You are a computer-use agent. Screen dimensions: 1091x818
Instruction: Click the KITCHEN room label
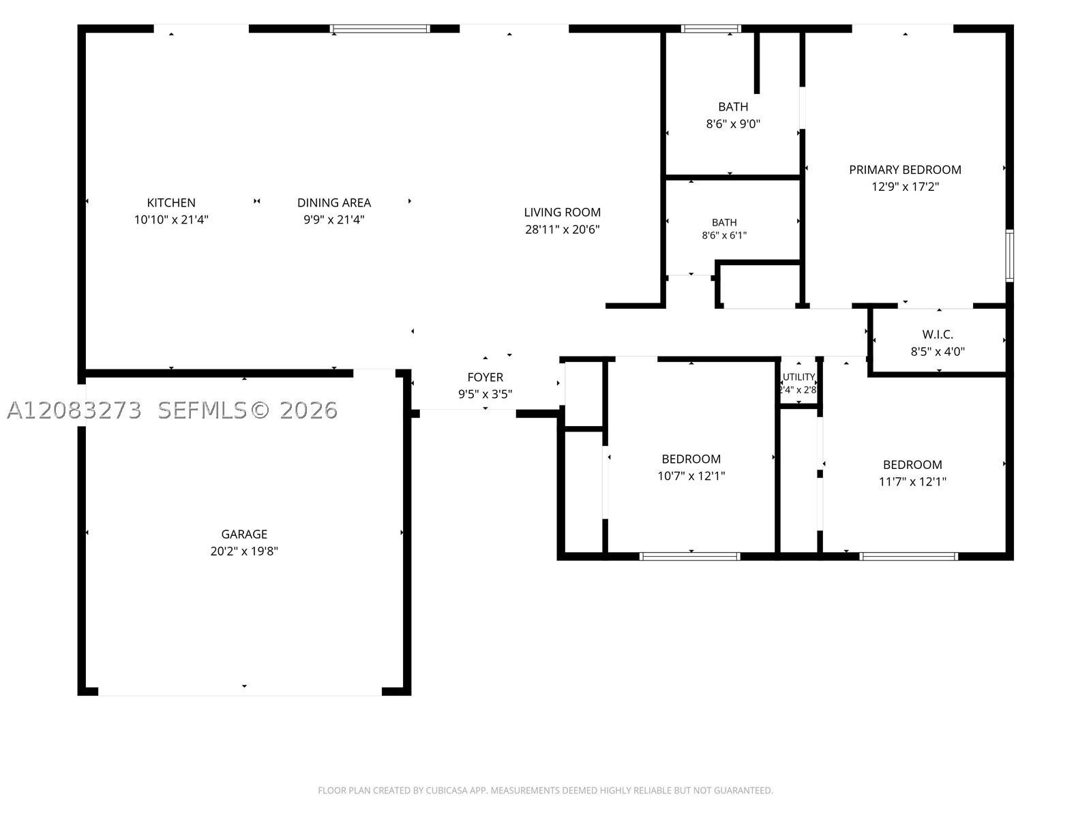click(x=171, y=202)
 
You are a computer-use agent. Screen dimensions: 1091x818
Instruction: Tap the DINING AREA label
click(x=334, y=202)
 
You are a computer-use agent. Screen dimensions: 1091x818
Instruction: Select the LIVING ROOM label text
click(x=562, y=212)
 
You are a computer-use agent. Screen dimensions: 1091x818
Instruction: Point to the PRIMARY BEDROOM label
click(x=905, y=170)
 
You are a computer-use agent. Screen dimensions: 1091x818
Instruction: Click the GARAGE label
click(x=244, y=534)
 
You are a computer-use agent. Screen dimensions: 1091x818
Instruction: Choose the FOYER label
click(x=485, y=377)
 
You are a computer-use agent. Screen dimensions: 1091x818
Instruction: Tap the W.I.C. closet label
click(x=938, y=334)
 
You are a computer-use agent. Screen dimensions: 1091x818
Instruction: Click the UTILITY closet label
click(x=798, y=377)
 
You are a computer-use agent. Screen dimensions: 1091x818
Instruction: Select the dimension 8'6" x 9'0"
click(x=733, y=123)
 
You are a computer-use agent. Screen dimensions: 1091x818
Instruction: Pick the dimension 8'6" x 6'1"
click(x=724, y=235)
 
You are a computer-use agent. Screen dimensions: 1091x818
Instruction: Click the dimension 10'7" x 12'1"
click(x=691, y=476)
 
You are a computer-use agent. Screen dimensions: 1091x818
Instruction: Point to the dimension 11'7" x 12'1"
click(x=912, y=482)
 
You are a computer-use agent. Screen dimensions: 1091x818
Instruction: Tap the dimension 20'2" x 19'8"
click(x=244, y=551)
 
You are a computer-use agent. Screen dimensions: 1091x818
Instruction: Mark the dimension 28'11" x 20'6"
click(x=562, y=230)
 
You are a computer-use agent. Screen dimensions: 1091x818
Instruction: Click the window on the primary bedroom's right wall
click(x=1009, y=256)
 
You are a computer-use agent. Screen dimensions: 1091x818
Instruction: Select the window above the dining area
click(x=380, y=29)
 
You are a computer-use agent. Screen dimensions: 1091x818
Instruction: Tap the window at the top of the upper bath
click(x=711, y=29)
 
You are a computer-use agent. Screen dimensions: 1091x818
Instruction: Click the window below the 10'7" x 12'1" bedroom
click(x=690, y=557)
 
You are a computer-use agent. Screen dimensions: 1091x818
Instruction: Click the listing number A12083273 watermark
click(x=74, y=410)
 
